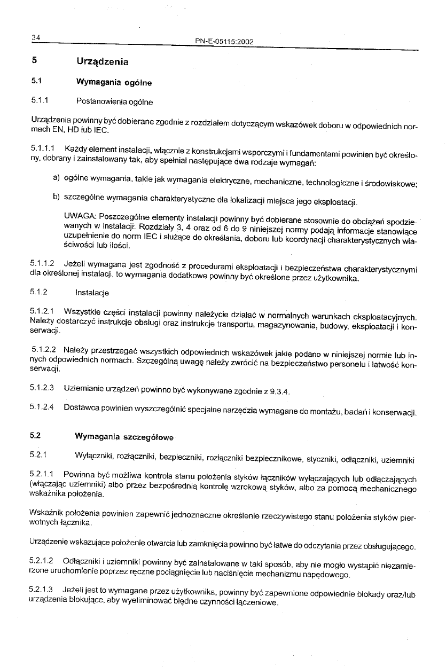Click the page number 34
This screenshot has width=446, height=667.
pyautogui.click(x=36, y=37)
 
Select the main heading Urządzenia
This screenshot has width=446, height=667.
pyautogui.click(x=103, y=61)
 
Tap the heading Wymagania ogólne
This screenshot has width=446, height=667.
pyautogui.click(x=113, y=83)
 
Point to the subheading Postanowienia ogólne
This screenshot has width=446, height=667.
pyautogui.click(x=114, y=101)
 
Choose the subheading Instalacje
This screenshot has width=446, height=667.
pyautogui.click(x=93, y=293)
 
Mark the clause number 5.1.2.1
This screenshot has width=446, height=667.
pyautogui.click(x=43, y=311)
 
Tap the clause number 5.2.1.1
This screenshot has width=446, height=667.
pyautogui.click(x=43, y=474)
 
